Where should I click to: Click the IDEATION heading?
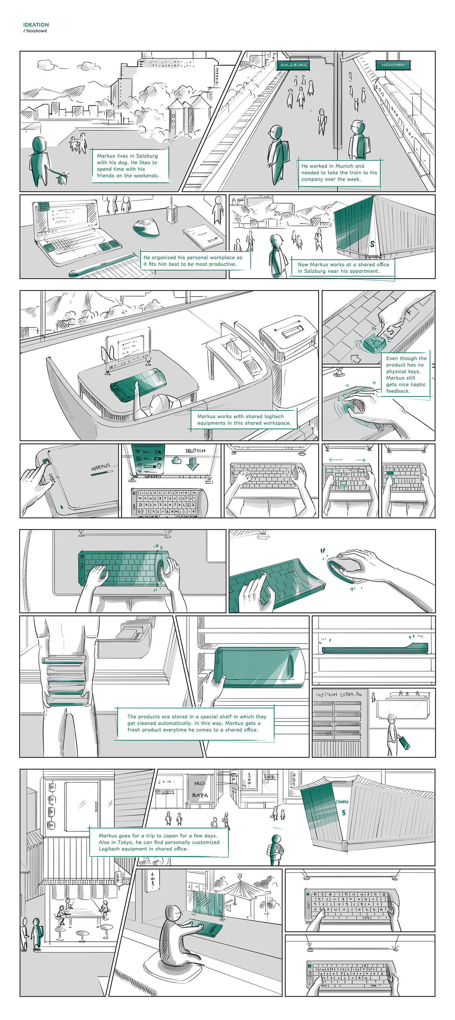(36, 25)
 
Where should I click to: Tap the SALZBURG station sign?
(293, 65)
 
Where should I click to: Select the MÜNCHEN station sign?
(393, 65)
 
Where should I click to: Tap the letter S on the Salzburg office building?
(372, 244)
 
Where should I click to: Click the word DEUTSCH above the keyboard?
(195, 451)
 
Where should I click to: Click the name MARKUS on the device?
(100, 467)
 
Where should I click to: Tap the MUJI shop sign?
(200, 784)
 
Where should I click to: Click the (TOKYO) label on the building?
(342, 802)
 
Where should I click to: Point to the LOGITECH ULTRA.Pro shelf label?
(339, 695)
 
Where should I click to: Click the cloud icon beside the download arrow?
(176, 460)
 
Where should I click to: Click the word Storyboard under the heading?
(36, 31)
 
